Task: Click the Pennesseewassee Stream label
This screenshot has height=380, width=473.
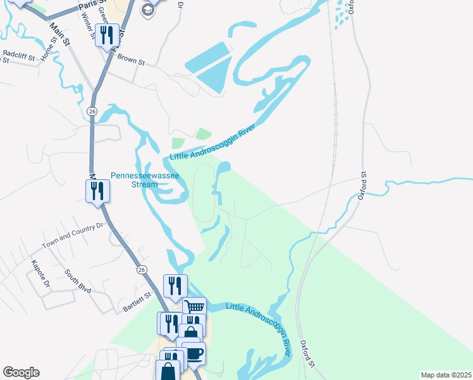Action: click(136, 180)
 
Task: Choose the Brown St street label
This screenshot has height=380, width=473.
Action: click(131, 60)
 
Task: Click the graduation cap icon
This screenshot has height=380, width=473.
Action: click(148, 9)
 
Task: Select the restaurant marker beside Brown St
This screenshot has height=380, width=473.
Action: click(107, 35)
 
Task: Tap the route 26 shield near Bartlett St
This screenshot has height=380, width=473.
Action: click(140, 270)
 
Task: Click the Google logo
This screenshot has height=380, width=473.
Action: click(21, 372)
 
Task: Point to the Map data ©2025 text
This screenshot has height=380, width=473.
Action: click(445, 374)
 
